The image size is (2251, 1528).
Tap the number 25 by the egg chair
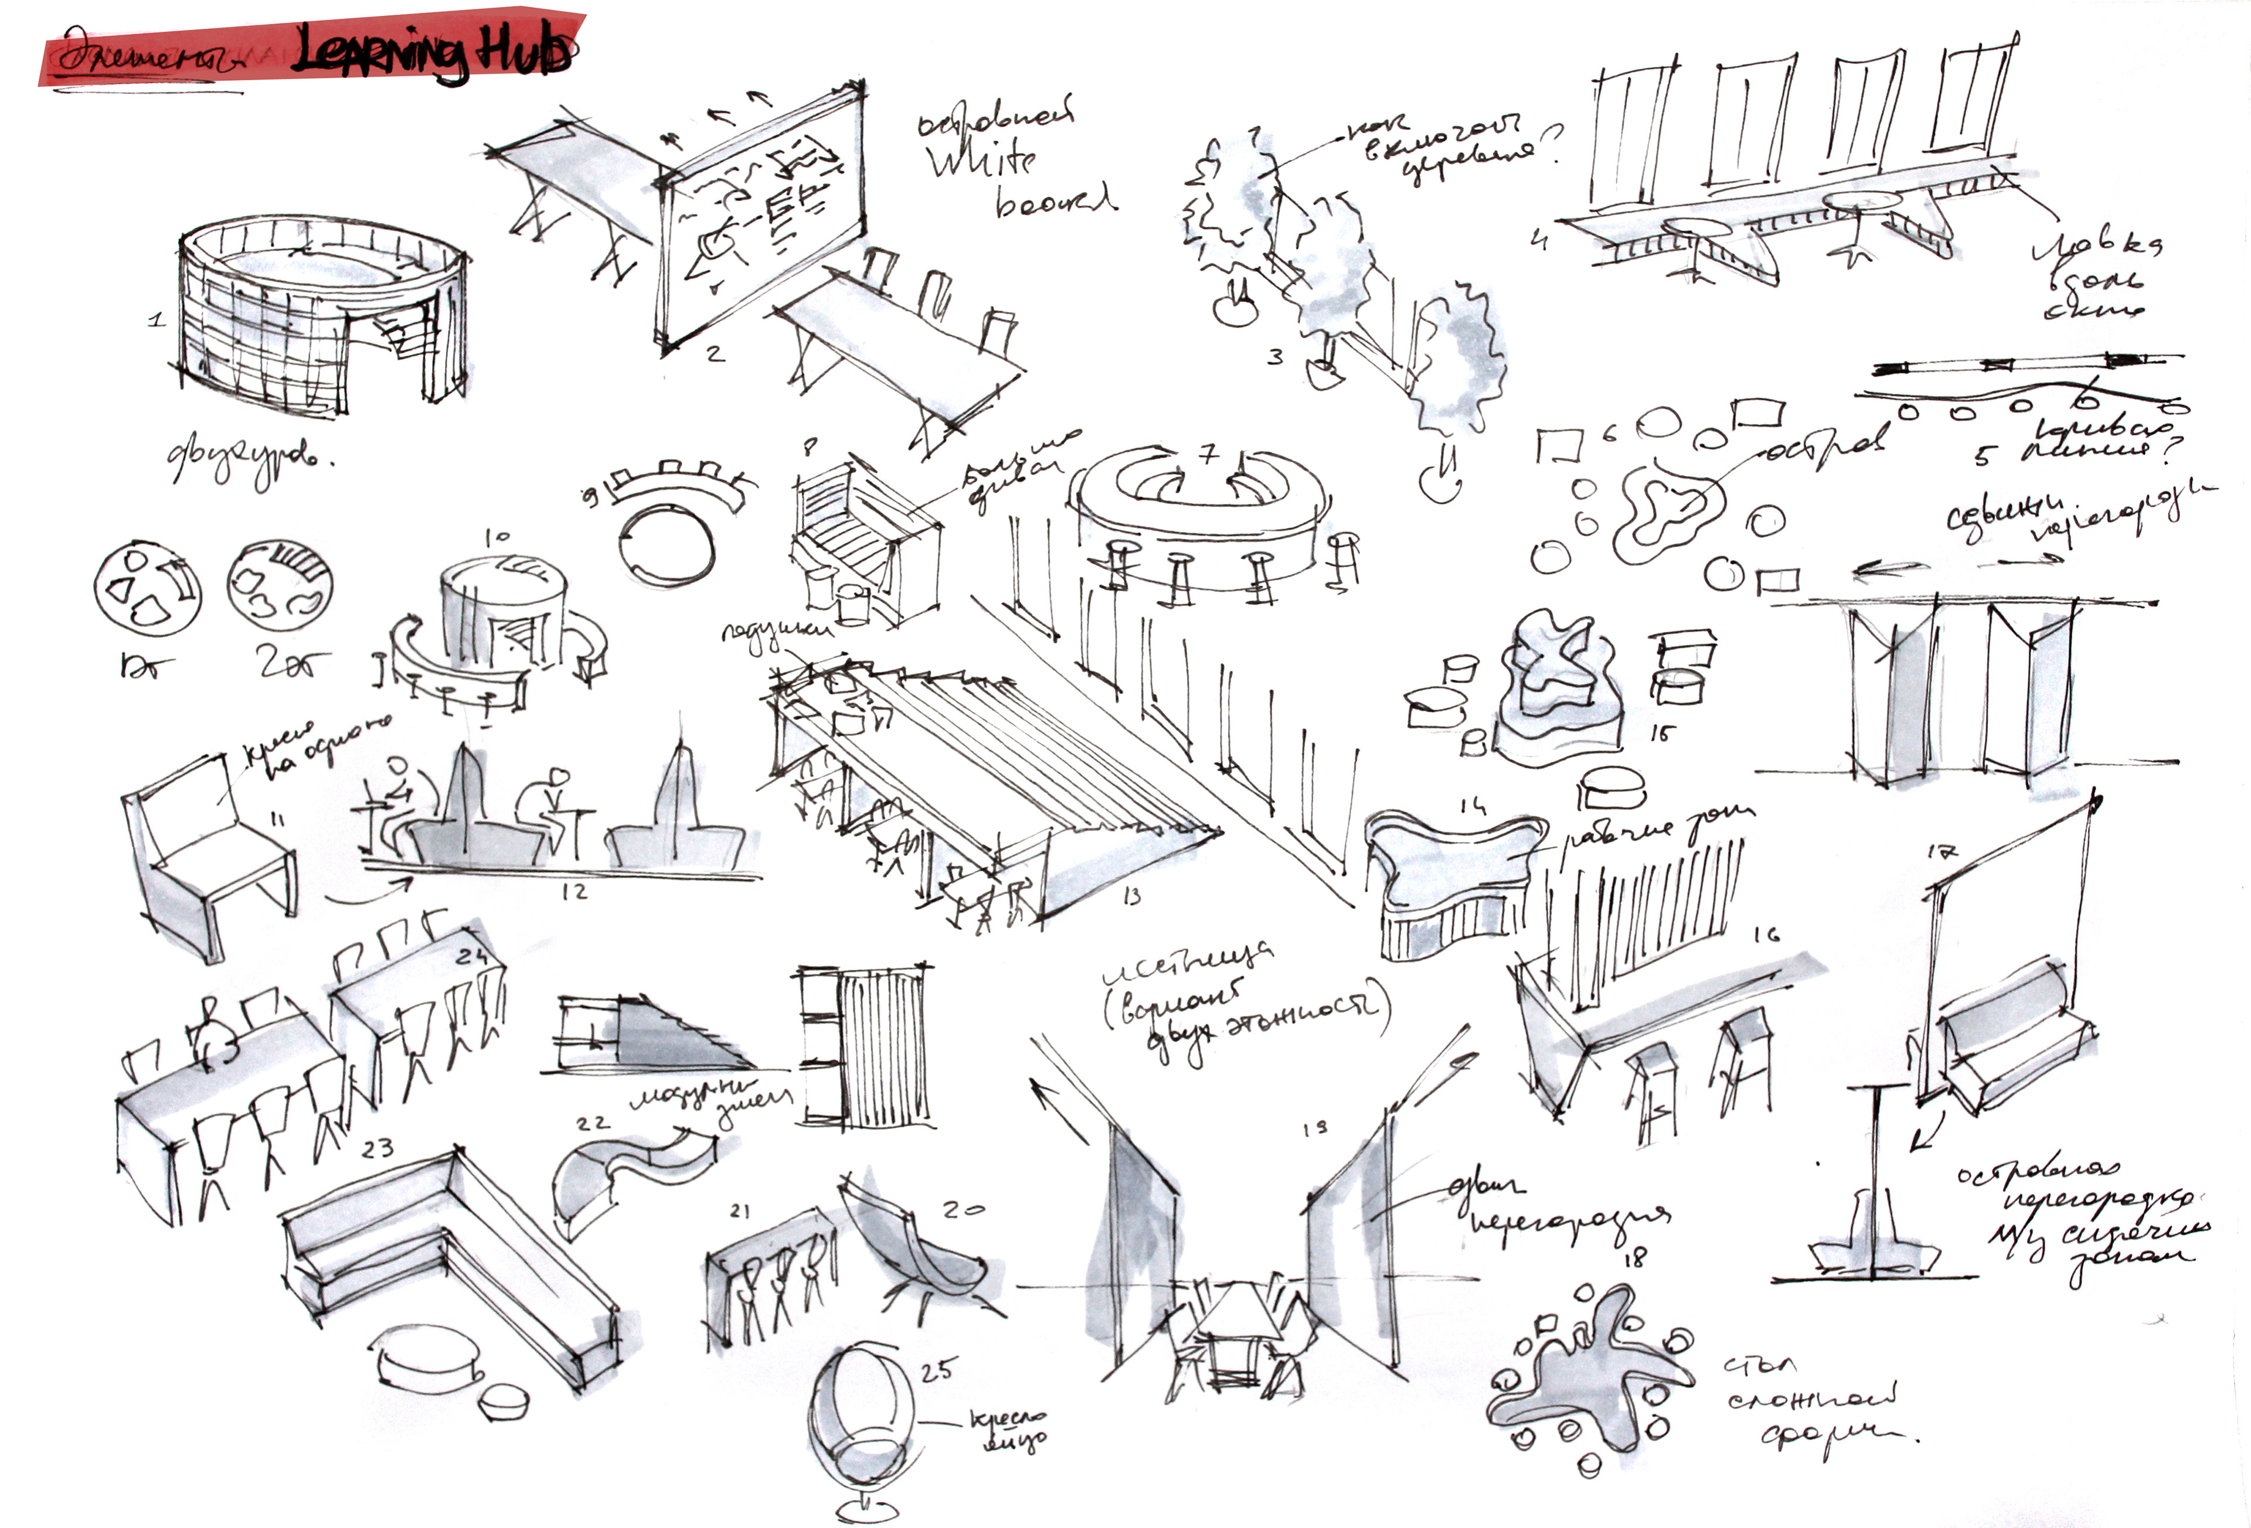[937, 1370]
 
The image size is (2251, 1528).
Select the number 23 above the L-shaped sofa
[377, 1150]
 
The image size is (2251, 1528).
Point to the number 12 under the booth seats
[574, 892]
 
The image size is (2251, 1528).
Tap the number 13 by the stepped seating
[1131, 896]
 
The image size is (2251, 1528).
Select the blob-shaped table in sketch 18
[1589, 1375]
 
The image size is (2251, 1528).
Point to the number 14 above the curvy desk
[1473, 804]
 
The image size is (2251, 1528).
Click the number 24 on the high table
[472, 957]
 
